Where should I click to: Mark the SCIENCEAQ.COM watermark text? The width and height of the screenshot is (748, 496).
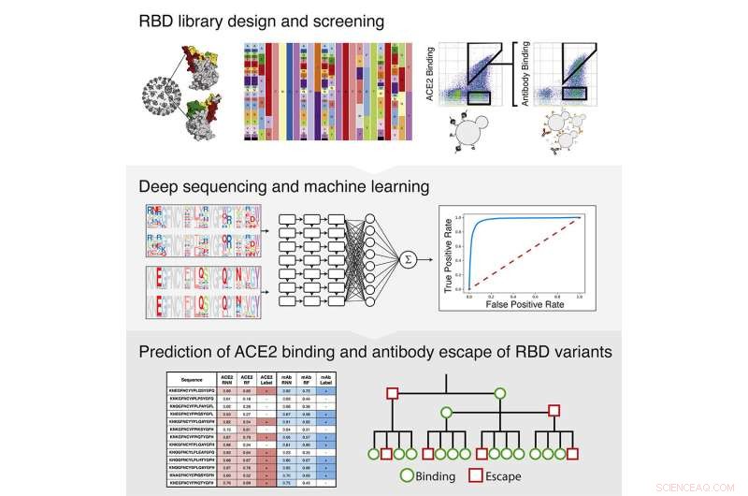click(697, 486)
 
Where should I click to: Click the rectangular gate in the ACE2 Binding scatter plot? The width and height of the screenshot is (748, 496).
click(484, 95)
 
